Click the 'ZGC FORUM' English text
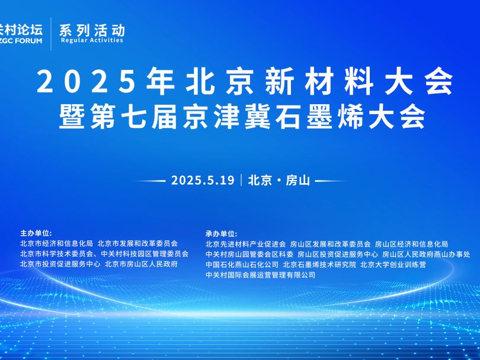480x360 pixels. (21, 41)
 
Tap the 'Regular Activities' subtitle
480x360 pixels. (92, 40)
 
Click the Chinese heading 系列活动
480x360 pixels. (92, 30)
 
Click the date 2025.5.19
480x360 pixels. (203, 180)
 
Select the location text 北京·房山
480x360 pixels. (279, 180)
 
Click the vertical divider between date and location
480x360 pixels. (241, 180)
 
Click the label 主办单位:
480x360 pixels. (36, 233)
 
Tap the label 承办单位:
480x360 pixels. (221, 234)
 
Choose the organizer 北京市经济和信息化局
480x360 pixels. (56, 243)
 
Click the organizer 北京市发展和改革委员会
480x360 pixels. (137, 243)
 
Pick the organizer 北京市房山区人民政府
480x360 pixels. (141, 264)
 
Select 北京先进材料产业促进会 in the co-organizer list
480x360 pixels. (245, 244)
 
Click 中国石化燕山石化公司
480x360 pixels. (242, 265)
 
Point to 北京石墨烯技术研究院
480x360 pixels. (319, 265)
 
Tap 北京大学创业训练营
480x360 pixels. (393, 265)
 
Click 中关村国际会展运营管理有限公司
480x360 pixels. (260, 275)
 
